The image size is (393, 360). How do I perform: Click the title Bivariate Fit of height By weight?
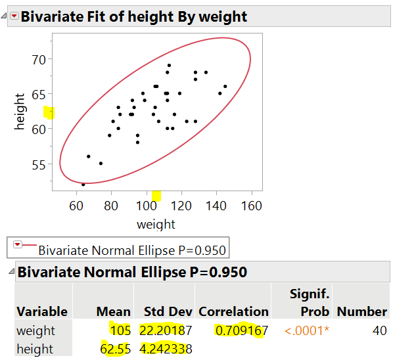click(134, 16)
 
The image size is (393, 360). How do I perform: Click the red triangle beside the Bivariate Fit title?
click(13, 16)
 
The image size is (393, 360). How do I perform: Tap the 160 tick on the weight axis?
click(252, 205)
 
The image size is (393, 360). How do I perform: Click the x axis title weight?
click(156, 225)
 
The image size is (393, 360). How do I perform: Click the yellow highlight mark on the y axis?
click(49, 112)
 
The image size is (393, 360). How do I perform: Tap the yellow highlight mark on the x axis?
click(156, 195)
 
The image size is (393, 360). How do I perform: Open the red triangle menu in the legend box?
click(18, 245)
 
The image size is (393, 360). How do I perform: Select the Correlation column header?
click(233, 311)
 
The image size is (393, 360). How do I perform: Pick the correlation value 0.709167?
click(241, 330)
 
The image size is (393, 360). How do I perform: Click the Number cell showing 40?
click(379, 330)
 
